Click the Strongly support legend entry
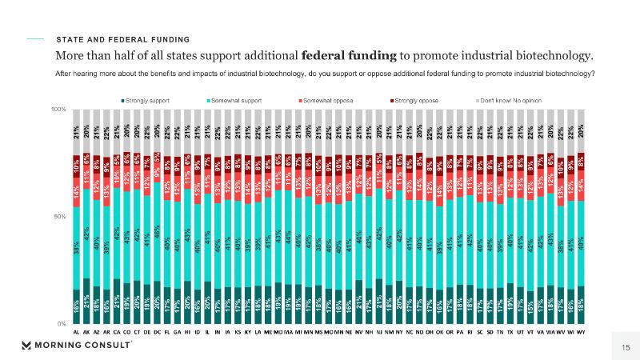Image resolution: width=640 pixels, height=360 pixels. tap(152, 100)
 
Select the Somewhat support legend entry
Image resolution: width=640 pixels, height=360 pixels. tap(238, 100)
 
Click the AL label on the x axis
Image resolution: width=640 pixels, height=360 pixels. tap(76, 331)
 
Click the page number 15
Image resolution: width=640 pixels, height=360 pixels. tap(614, 346)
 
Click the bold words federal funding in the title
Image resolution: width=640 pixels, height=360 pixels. tap(350, 55)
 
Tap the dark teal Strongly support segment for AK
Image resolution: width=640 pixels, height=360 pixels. tap(86, 301)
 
